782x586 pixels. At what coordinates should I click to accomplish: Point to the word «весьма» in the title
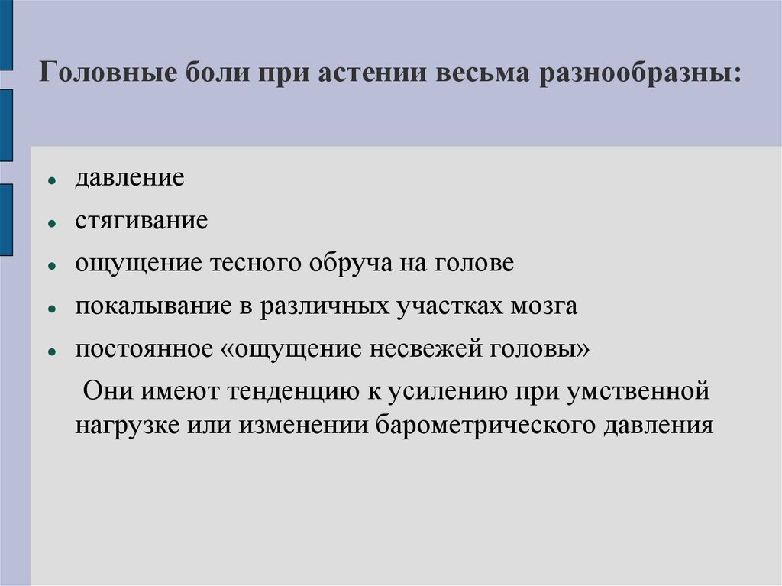[479, 75]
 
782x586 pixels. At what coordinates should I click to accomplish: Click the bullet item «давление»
[129, 179]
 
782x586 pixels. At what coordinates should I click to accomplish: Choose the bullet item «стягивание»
[141, 222]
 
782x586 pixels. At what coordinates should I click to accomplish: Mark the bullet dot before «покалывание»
[50, 309]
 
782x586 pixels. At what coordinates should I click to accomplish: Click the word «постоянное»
[144, 349]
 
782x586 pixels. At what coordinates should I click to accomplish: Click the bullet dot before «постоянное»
[50, 352]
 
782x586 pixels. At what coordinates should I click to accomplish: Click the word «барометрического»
[470, 424]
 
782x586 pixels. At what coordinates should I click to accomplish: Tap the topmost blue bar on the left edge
[5, 34]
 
